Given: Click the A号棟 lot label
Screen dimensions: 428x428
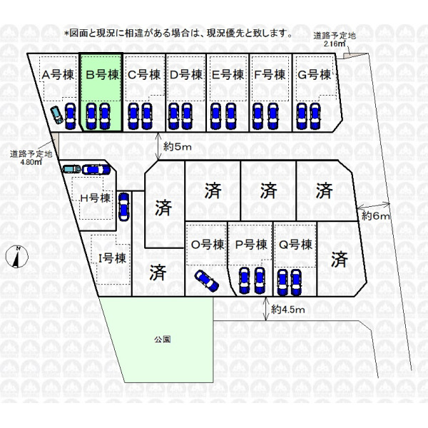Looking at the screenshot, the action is click(x=58, y=74).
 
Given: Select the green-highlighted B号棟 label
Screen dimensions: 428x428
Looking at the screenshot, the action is click(x=102, y=74).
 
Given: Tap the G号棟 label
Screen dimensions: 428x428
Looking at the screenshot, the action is click(x=314, y=74).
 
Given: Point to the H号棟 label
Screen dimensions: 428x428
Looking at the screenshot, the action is click(x=96, y=198).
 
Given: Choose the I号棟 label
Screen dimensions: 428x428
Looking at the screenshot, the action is click(x=112, y=258).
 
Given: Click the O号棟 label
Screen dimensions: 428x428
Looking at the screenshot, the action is click(x=208, y=245).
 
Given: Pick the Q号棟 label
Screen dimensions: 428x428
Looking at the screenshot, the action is click(x=295, y=245).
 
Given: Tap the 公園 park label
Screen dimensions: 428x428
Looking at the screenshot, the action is click(x=163, y=340).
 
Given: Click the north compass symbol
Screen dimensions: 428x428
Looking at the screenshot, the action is click(x=16, y=257).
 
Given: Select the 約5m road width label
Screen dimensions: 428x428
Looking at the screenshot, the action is click(x=177, y=147).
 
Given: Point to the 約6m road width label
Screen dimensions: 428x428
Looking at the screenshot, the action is click(x=376, y=216).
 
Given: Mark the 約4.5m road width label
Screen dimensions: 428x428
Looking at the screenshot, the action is click(x=288, y=310).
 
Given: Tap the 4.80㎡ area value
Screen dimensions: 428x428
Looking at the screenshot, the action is click(x=31, y=162).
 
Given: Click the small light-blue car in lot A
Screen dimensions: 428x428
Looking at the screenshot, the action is click(x=57, y=115).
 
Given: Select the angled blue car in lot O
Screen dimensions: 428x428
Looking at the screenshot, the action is click(x=207, y=281).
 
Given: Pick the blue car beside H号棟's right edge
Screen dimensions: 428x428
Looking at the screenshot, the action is click(x=123, y=207).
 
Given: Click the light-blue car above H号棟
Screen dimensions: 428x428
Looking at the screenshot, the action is click(x=71, y=169).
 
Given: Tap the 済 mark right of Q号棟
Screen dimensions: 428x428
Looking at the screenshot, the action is click(x=340, y=260).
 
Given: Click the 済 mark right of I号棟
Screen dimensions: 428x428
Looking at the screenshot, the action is click(x=158, y=272).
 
